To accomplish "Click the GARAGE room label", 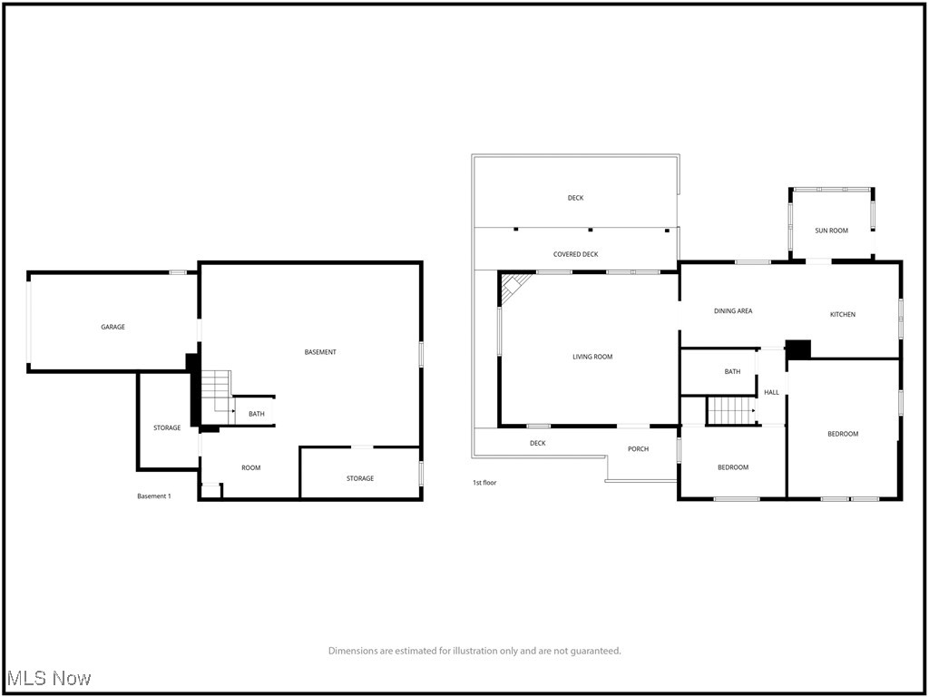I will point(112,327).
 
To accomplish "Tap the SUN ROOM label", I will point(831,231).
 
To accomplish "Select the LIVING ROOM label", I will point(592,357).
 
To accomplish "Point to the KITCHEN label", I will point(842,314).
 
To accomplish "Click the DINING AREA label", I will point(732,311).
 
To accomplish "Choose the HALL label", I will point(771,392).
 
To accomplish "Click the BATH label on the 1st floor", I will point(732,371).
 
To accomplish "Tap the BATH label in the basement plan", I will point(257,414).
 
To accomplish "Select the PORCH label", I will point(638,448).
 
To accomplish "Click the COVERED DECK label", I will point(575,254).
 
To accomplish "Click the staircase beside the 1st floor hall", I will point(730,410).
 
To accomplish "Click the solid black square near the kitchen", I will point(797,349).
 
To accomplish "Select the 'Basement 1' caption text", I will point(153,496).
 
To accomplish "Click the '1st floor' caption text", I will point(484,483).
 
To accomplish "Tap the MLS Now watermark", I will point(48,678).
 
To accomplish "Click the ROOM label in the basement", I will point(250,467).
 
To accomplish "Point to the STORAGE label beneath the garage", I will point(166,427).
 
